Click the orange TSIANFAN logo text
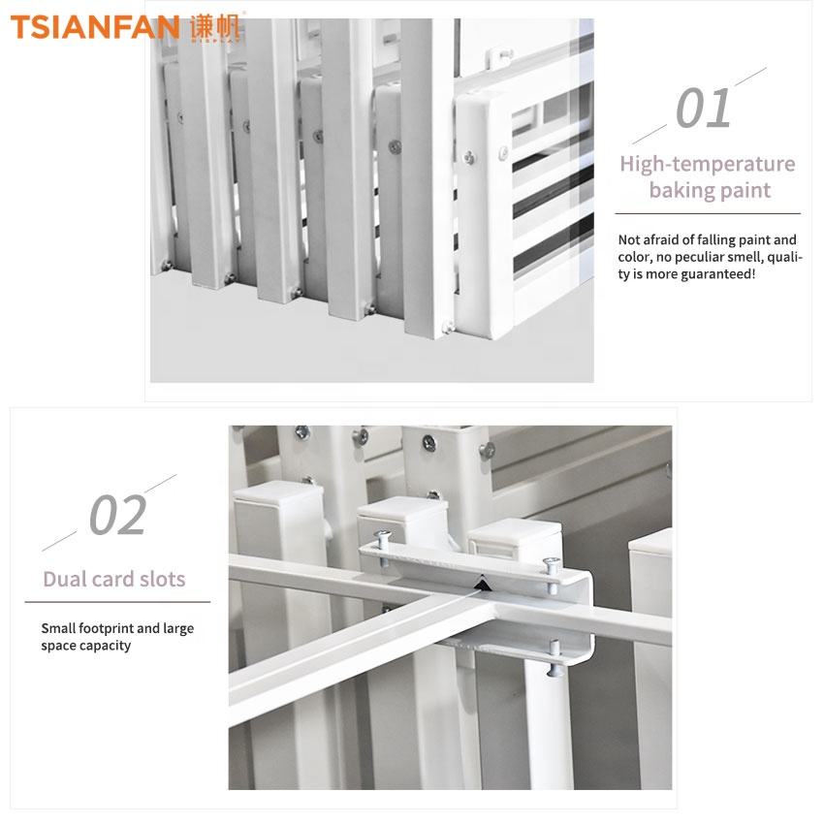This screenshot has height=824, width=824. click(95, 27)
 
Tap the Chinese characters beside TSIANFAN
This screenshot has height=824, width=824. click(215, 27)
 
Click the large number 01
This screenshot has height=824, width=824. click(704, 109)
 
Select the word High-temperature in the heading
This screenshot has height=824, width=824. click(708, 164)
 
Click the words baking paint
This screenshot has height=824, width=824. click(710, 190)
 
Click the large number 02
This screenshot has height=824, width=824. click(117, 515)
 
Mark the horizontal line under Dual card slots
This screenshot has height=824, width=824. click(117, 602)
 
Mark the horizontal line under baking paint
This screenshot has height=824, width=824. click(708, 213)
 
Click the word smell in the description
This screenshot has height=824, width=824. click(746, 257)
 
